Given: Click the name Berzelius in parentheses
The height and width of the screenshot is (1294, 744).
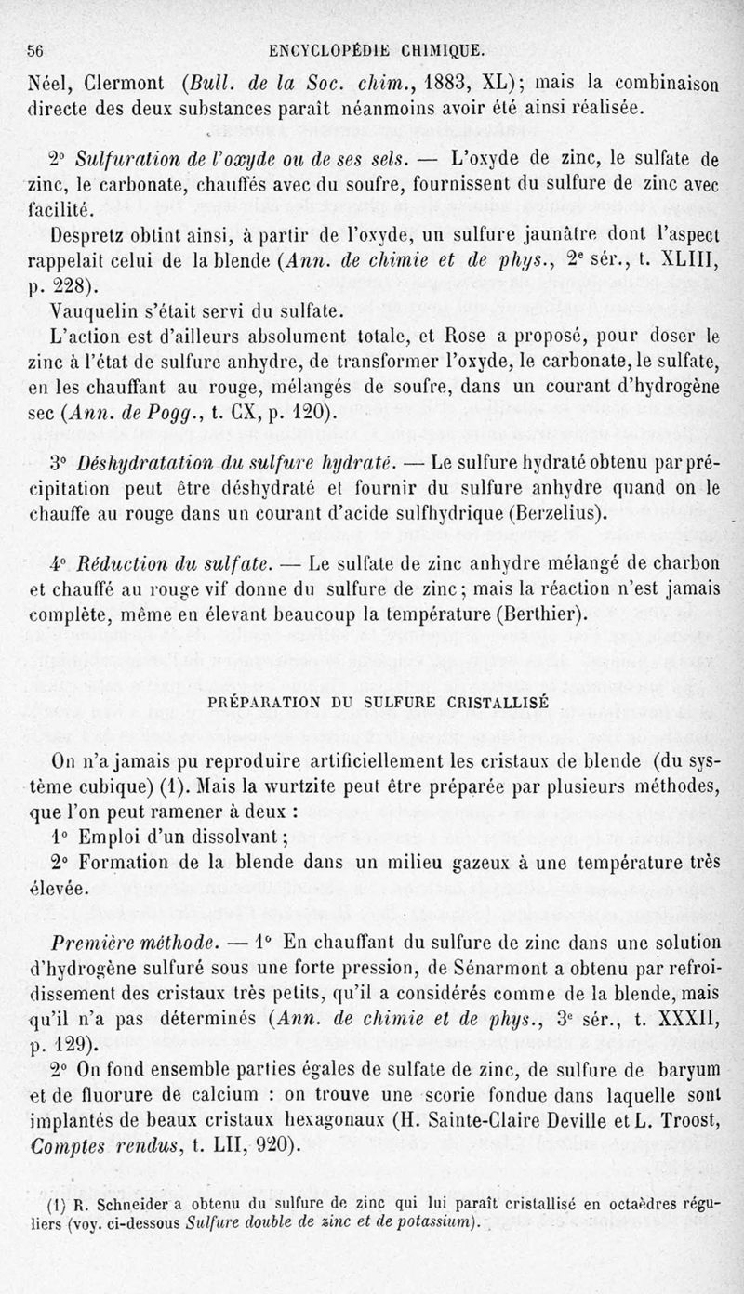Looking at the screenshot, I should coord(554,511).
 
